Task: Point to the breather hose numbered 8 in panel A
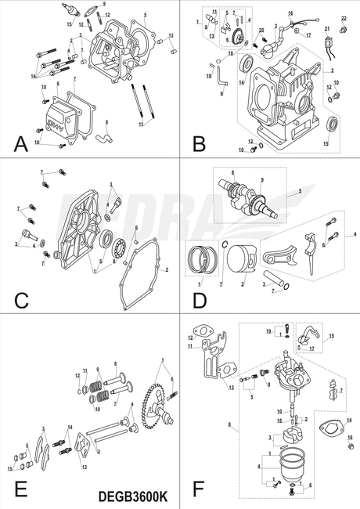pyautogui.click(x=99, y=139)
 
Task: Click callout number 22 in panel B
pyautogui.click(x=343, y=17)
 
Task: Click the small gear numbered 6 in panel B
pyautogui.click(x=233, y=36)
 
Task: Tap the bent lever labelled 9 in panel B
pyautogui.click(x=222, y=78)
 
